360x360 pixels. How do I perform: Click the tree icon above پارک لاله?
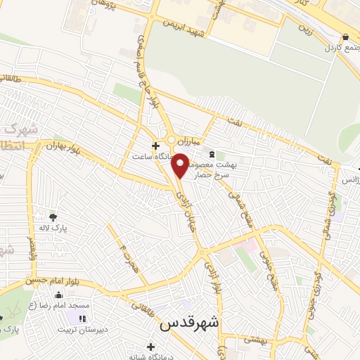click(53, 216)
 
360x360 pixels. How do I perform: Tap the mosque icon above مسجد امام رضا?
click(58, 295)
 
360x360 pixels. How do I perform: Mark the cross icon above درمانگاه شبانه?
click(150, 346)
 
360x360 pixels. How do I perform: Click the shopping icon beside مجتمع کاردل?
click(345, 37)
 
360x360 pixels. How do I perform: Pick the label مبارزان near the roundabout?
click(190, 140)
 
